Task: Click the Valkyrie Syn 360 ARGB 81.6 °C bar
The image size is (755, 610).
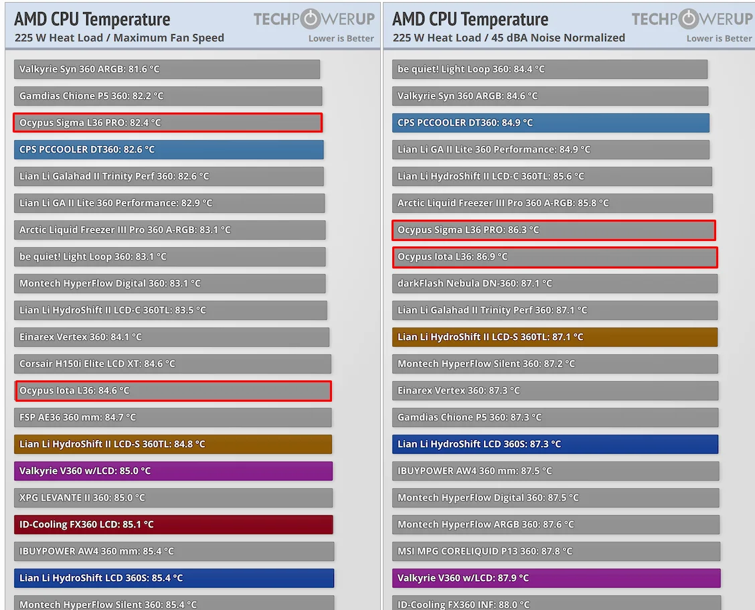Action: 167,69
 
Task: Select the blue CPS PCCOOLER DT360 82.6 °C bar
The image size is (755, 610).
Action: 169,149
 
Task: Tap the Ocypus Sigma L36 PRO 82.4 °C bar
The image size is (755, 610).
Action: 167,123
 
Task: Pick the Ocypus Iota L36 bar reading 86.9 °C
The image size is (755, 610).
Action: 555,257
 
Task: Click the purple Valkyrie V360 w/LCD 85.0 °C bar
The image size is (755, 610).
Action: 173,471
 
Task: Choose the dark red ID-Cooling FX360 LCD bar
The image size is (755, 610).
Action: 173,524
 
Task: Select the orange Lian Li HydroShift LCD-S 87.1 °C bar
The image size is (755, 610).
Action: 555,337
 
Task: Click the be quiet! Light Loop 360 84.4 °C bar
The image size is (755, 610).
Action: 550,69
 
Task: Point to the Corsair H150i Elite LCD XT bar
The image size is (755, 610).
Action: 173,364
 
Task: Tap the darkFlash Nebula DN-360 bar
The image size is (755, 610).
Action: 555,283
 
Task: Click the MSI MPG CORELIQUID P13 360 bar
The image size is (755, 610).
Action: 556,551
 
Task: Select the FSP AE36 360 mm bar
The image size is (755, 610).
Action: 173,417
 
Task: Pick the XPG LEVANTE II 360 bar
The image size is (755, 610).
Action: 173,498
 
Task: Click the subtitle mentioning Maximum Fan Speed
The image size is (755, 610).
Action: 119,37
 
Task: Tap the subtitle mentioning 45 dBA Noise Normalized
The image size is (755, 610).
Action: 509,37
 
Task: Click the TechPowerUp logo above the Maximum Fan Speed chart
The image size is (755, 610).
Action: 313,19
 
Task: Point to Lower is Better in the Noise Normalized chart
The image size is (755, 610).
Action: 719,38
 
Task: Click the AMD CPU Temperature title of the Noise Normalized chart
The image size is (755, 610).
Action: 470,19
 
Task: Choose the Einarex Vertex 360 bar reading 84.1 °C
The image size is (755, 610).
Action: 171,337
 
